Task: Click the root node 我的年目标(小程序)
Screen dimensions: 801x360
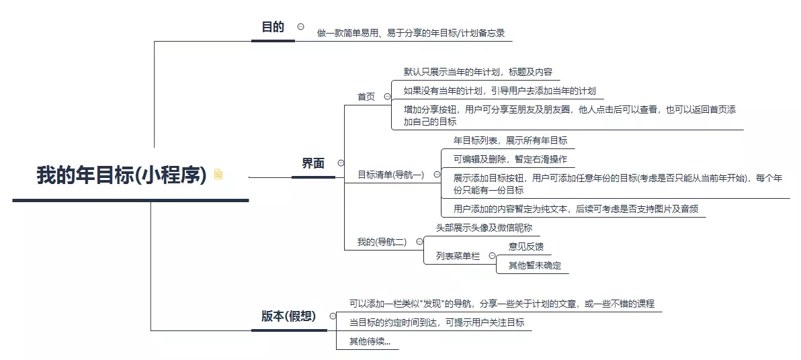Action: coord(122,175)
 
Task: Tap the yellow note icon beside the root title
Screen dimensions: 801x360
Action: coord(218,174)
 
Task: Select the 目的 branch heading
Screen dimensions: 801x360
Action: coord(273,27)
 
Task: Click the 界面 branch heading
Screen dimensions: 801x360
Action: coord(313,163)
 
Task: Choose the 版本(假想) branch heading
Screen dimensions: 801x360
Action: coord(289,316)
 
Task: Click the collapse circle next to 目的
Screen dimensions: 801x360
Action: coord(301,27)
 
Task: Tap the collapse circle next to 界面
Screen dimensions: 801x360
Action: coord(341,163)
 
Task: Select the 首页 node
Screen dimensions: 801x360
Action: coord(366,97)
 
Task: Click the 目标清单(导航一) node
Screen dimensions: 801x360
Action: coord(391,175)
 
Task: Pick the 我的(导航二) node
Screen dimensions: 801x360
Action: coord(382,242)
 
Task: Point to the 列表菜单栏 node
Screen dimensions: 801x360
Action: coord(458,257)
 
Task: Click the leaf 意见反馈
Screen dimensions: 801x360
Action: coord(525,246)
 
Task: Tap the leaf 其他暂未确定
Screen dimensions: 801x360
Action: coord(534,265)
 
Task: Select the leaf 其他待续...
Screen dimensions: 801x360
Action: coord(370,342)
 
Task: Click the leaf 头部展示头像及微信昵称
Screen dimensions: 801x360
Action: coord(484,228)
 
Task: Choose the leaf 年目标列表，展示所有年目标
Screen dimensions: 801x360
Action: coord(510,140)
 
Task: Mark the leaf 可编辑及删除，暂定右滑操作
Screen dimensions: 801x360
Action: coord(510,159)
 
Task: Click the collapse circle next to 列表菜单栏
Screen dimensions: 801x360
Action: coord(492,256)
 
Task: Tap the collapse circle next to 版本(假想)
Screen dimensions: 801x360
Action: coord(333,316)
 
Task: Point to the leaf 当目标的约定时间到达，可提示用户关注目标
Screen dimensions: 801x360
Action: coord(437,322)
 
